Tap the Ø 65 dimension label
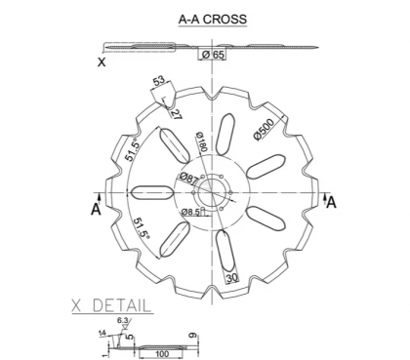click(x=213, y=56)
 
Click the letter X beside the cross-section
click(x=102, y=61)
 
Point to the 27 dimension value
click(x=175, y=112)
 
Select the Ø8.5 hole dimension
click(x=193, y=210)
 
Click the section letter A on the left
click(x=96, y=209)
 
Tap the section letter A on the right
click(x=331, y=202)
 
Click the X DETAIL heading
click(x=111, y=305)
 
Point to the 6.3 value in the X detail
click(x=120, y=320)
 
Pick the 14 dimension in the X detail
click(x=102, y=333)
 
